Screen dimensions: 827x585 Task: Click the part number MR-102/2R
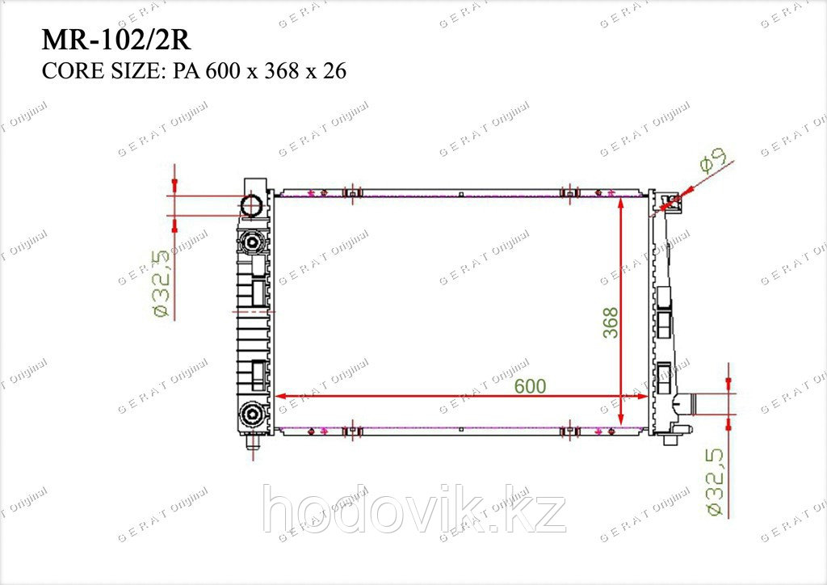[116, 40]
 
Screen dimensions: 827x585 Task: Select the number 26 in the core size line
[334, 70]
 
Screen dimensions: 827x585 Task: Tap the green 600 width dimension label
[530, 386]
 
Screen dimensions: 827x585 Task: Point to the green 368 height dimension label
[611, 323]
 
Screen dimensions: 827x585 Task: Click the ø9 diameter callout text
[715, 159]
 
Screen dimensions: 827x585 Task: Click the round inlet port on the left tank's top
[252, 206]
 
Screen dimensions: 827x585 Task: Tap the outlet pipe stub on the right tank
[684, 405]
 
